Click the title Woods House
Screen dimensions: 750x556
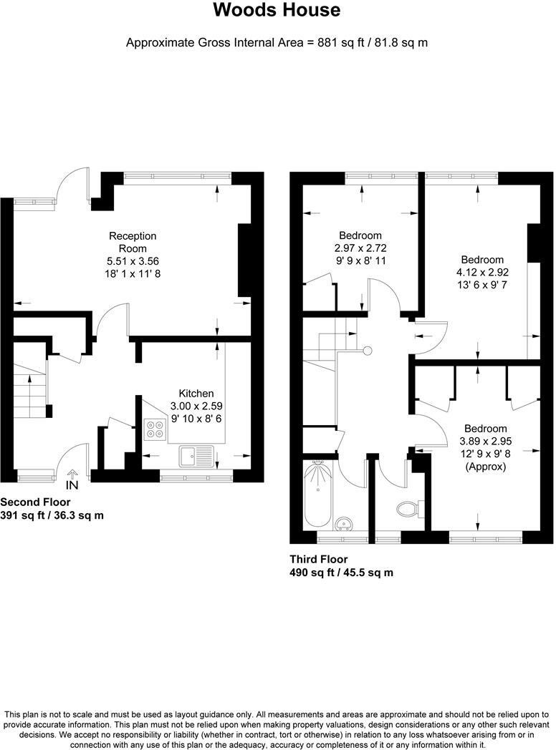(277, 11)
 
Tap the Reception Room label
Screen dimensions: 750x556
(133, 242)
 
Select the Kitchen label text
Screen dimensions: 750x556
(196, 393)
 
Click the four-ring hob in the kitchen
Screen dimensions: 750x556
(155, 429)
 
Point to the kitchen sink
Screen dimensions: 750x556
(196, 454)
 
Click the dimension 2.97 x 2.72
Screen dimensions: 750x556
(360, 248)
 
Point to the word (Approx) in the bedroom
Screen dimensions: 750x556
(485, 467)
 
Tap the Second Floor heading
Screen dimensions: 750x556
(35, 502)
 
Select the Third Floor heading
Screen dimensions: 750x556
(318, 559)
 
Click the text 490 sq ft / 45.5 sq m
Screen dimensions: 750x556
(341, 573)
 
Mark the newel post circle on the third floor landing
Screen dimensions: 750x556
(368, 351)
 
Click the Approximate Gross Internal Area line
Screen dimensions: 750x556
(277, 42)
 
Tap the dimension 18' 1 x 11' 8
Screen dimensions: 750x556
(133, 273)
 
